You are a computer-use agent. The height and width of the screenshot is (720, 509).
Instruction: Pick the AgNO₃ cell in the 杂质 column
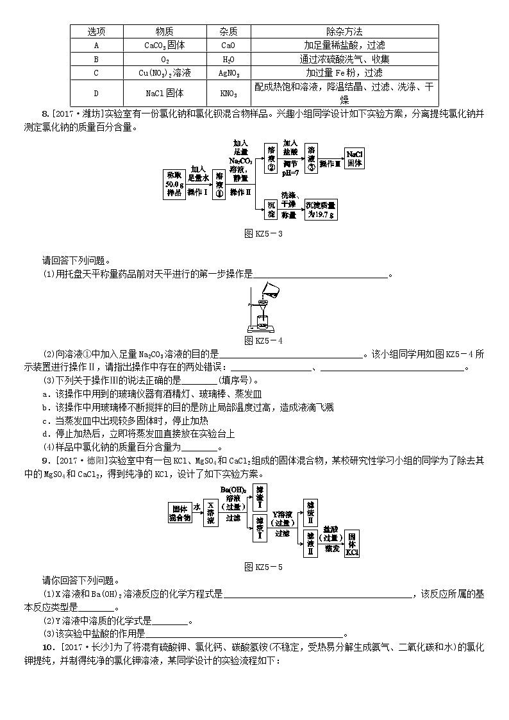point(228,72)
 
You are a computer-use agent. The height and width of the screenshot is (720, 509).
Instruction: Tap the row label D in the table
point(96,93)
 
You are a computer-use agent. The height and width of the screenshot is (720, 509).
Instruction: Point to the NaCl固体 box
point(355,159)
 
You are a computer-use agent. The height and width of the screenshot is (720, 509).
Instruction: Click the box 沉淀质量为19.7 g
point(320,209)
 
